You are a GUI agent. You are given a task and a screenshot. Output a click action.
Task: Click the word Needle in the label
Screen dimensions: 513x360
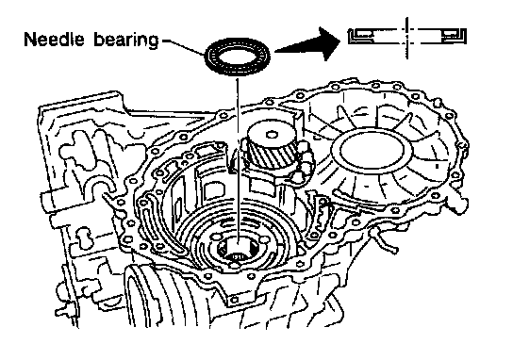coord(55,39)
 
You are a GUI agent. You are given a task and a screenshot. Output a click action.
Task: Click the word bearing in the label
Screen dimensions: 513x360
coord(126,40)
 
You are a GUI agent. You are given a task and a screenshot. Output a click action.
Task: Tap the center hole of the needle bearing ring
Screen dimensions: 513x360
coord(238,56)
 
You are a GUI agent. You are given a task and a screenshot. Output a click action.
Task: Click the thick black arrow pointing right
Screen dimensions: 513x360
coord(306,44)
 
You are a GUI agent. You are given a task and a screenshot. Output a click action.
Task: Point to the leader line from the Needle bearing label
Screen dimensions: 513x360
coord(184,47)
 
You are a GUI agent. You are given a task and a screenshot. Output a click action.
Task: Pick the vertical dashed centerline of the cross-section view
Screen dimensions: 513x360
coord(406,39)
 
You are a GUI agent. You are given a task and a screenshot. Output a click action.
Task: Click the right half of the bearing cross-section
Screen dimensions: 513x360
coord(441,36)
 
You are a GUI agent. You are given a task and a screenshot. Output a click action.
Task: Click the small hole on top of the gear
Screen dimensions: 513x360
coord(271,135)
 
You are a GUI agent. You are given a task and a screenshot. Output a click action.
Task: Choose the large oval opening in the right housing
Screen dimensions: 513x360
coord(372,151)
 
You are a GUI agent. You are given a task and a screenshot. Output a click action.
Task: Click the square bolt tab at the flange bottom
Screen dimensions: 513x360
coord(234,299)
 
